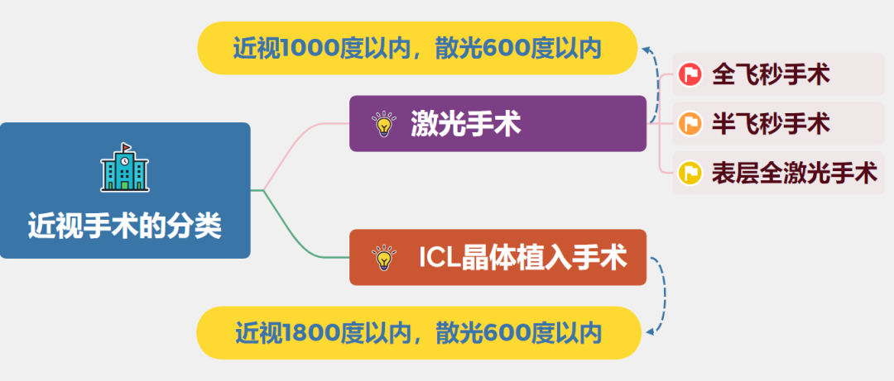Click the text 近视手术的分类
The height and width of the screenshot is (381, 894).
[125, 225]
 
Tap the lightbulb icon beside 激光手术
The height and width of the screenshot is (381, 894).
[383, 125]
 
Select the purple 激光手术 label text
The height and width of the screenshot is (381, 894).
[465, 125]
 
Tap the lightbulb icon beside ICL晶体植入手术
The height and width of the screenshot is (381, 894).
[382, 258]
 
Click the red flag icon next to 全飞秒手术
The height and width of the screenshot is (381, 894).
[690, 74]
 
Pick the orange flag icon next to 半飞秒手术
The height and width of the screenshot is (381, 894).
[690, 124]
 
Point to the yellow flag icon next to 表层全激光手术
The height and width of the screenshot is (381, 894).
[690, 174]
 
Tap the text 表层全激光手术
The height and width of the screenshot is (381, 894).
[793, 174]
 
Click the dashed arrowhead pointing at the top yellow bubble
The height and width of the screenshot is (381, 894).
[645, 50]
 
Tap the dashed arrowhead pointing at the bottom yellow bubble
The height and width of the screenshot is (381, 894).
[649, 332]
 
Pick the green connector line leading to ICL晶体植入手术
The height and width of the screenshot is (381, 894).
[298, 240]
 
